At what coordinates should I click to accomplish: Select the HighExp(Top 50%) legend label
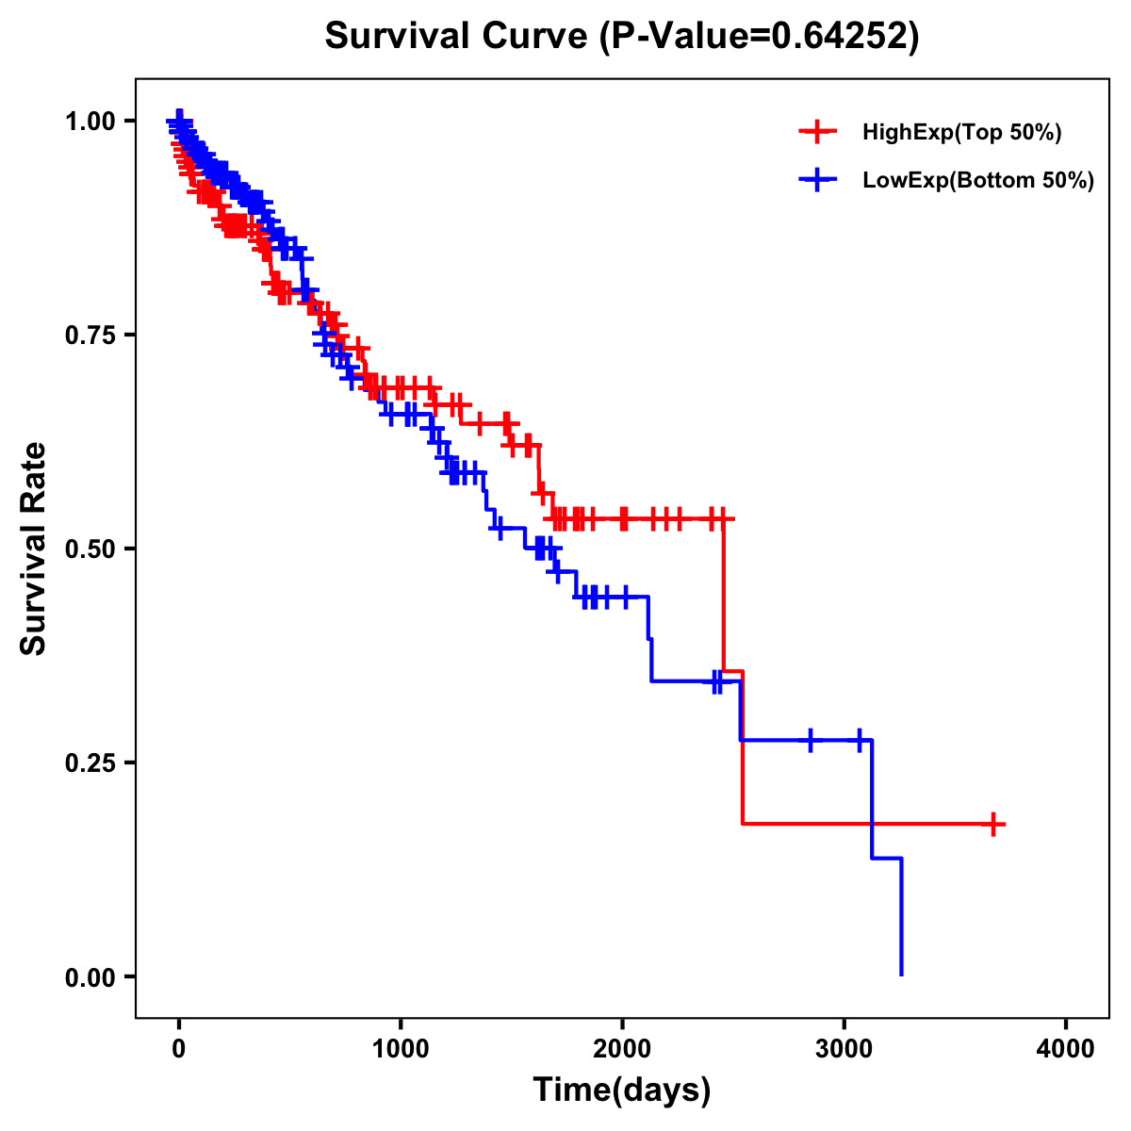point(961,133)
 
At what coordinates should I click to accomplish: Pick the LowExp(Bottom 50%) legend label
point(978,181)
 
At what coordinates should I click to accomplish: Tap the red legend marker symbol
point(817,133)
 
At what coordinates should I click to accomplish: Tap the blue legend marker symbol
point(817,179)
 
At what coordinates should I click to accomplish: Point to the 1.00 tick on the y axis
point(90,121)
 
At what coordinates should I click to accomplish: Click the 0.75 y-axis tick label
point(90,335)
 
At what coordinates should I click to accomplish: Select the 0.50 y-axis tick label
point(90,549)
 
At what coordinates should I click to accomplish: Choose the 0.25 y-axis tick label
point(90,762)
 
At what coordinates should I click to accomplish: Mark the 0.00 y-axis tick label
point(90,976)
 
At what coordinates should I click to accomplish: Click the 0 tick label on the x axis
point(179,1048)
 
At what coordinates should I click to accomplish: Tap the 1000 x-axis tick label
point(401,1048)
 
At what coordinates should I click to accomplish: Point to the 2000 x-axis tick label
point(622,1048)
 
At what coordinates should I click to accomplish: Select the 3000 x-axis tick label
point(844,1048)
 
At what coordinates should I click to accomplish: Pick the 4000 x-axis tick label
point(1066,1048)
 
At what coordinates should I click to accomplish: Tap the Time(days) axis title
point(622,1090)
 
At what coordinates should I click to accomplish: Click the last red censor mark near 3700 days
point(992,824)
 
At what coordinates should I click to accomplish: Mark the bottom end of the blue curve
point(901,974)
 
